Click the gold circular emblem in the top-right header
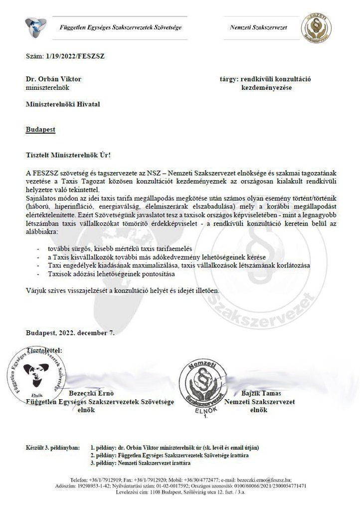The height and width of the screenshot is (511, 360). (315, 27)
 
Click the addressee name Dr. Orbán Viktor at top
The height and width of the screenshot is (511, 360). (53, 79)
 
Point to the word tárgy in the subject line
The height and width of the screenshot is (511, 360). (228, 79)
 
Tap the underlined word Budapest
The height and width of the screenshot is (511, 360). (40, 129)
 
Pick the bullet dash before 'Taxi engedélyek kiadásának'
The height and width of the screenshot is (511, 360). (39, 265)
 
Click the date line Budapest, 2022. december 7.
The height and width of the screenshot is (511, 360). (73, 332)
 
